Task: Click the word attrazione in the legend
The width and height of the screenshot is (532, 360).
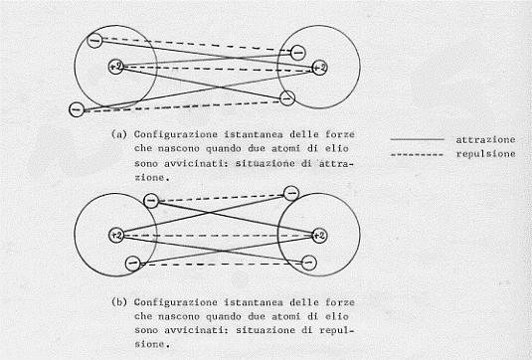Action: [485, 140]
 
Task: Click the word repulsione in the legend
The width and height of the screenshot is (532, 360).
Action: [485, 154]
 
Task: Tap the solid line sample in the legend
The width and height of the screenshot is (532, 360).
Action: [417, 139]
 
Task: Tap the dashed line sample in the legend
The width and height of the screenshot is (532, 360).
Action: [417, 155]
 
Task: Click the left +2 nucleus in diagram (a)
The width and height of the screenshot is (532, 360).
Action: [116, 67]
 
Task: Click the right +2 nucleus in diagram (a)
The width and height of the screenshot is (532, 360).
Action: [319, 68]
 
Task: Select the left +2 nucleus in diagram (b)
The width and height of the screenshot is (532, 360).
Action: [116, 235]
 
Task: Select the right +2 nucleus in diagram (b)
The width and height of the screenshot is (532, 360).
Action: [319, 236]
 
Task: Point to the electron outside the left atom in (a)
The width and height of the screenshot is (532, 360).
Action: [77, 109]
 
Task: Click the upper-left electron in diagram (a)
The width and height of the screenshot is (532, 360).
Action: [94, 41]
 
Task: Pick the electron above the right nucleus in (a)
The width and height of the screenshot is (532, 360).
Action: [297, 53]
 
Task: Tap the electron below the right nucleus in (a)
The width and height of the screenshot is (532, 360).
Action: [287, 98]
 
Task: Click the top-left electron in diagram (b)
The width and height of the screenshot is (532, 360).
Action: [151, 201]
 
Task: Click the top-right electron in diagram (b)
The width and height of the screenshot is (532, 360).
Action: [291, 193]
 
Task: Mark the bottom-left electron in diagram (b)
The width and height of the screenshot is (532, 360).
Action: [132, 264]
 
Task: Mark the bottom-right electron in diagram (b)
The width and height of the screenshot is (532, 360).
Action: [308, 263]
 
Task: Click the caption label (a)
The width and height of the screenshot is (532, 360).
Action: [119, 134]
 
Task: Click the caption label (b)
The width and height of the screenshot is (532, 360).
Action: [119, 302]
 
